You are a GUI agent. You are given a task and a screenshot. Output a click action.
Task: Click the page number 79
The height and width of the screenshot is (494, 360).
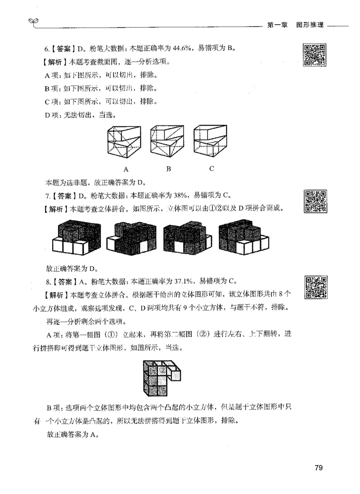click(x=318, y=468)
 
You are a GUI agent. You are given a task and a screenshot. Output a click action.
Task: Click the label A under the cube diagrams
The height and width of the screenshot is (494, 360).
click(x=126, y=170)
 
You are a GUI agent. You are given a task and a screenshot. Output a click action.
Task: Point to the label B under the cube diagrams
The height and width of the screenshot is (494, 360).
click(x=168, y=170)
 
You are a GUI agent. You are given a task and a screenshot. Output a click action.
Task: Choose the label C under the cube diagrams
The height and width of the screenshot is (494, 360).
click(x=211, y=170)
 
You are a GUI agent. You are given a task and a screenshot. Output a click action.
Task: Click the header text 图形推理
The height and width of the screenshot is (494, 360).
click(x=310, y=25)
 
